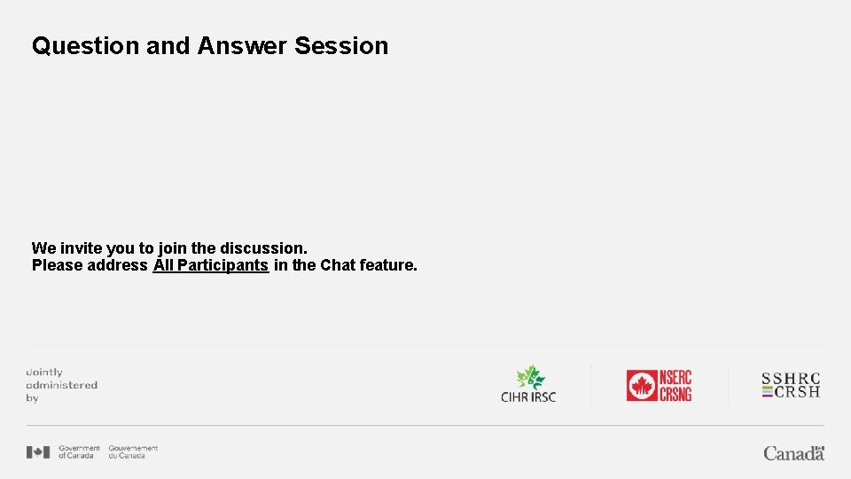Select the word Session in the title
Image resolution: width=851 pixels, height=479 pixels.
coord(341,46)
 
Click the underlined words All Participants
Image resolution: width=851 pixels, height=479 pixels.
coord(211,265)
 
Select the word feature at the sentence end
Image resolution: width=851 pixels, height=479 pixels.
coord(388,265)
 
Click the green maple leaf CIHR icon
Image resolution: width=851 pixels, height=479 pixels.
coord(530,378)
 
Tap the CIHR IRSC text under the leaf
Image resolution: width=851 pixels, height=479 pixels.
coord(528,397)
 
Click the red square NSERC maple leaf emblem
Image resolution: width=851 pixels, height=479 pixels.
coord(641,386)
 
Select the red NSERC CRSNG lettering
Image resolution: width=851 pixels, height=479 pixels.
coord(675,386)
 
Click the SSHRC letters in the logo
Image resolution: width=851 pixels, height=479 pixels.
coord(792,379)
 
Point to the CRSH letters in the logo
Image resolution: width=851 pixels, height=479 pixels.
coord(797,392)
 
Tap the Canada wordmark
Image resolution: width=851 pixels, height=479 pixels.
coord(793,453)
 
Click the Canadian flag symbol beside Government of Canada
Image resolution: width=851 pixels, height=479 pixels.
coord(38,452)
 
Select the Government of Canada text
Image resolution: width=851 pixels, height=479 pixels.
coord(79,452)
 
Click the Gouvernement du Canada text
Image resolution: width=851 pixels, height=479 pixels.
coord(133,452)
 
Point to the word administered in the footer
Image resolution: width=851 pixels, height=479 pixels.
coord(61,386)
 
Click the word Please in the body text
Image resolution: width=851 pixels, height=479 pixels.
coord(57,265)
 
